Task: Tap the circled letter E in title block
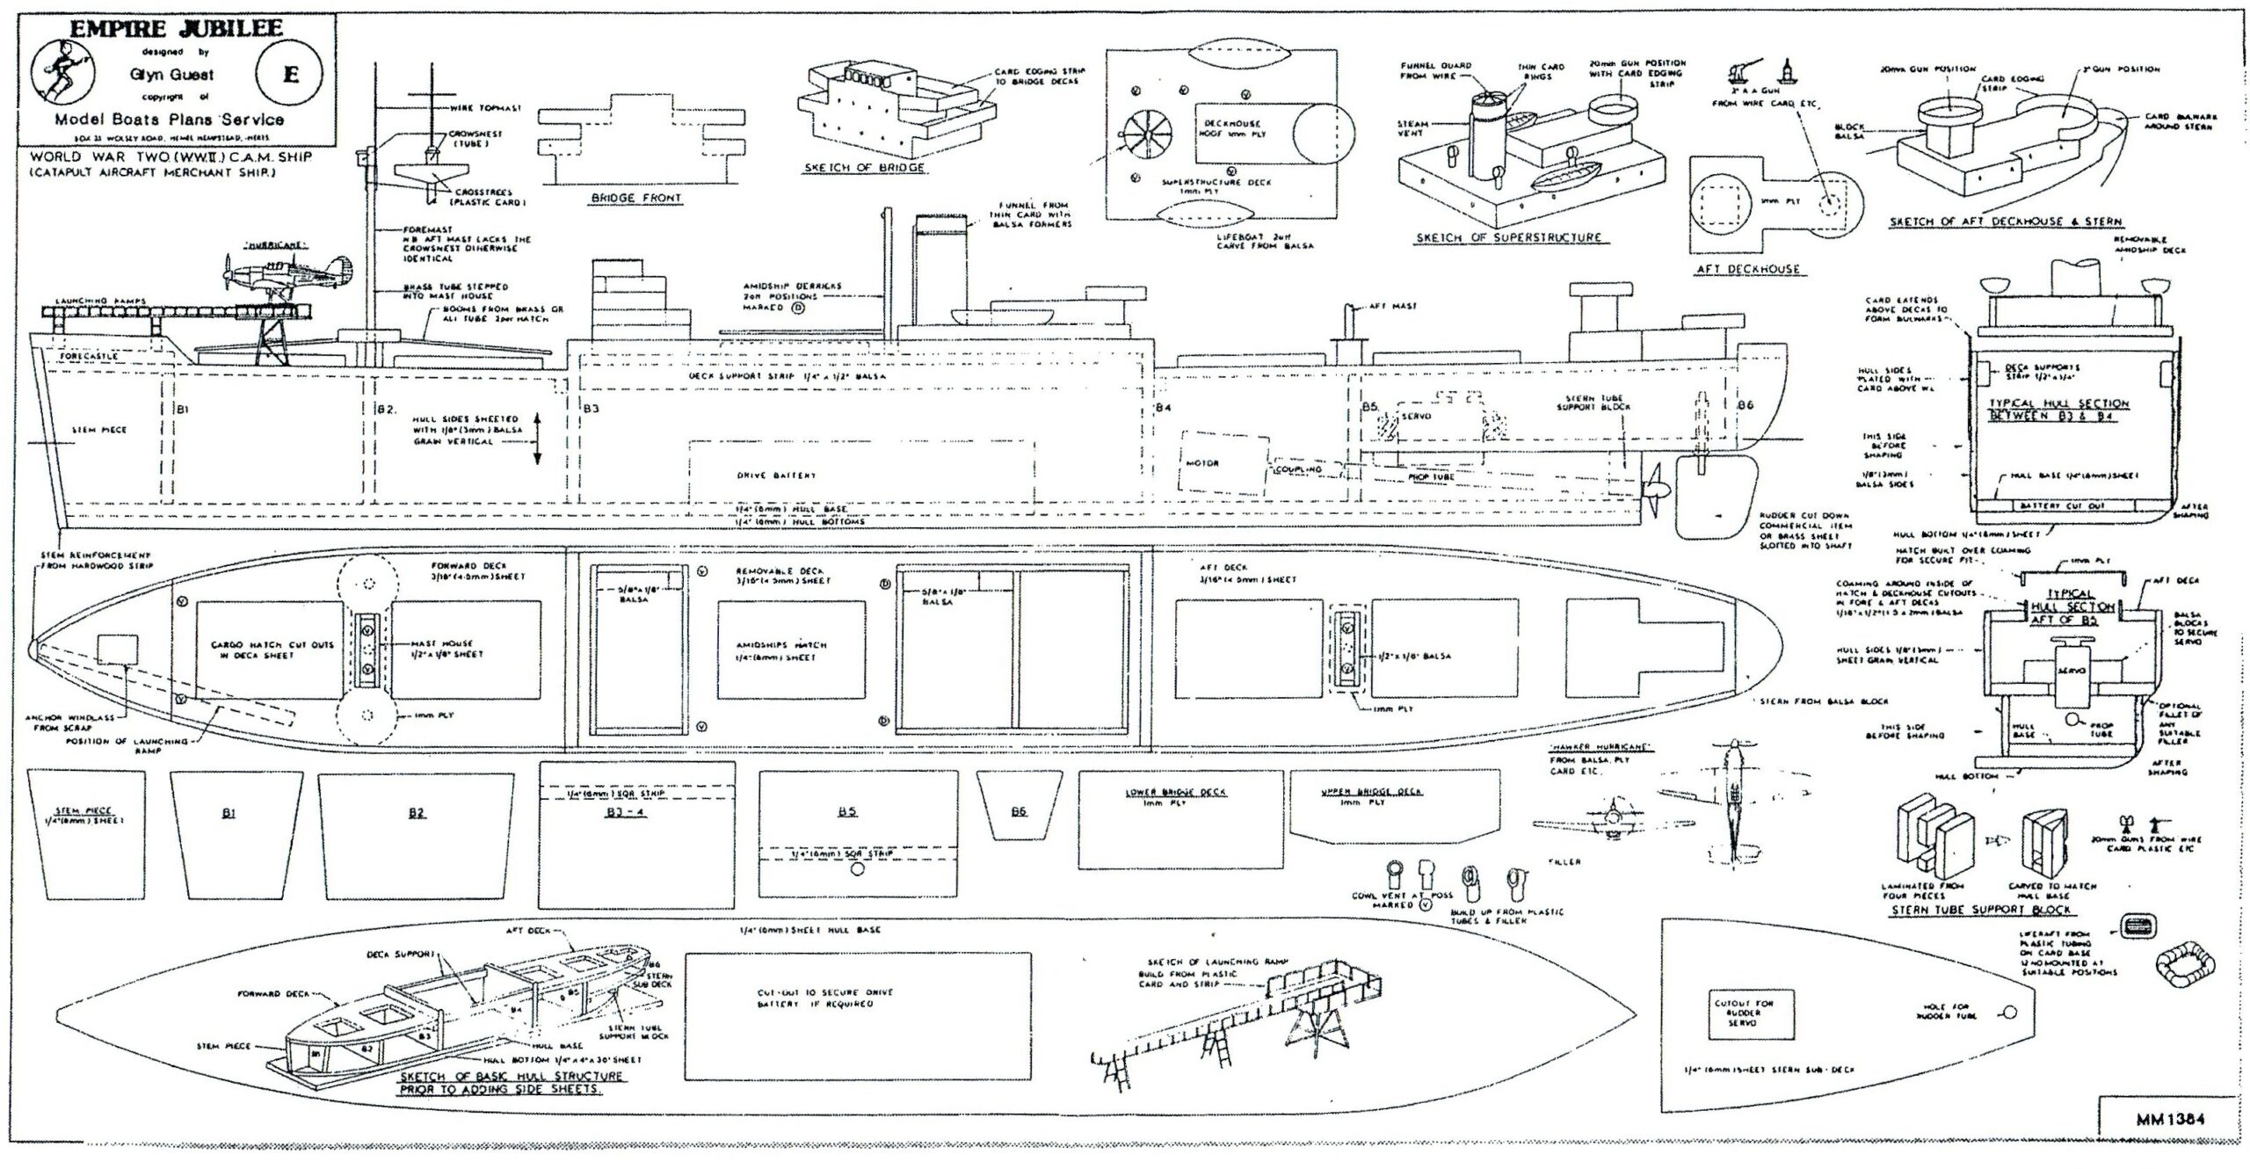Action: tap(290, 74)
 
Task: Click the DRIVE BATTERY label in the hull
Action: tap(776, 476)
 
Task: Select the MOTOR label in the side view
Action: tap(1201, 463)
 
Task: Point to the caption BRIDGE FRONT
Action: tap(635, 199)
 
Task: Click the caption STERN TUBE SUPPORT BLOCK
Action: tap(1979, 910)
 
